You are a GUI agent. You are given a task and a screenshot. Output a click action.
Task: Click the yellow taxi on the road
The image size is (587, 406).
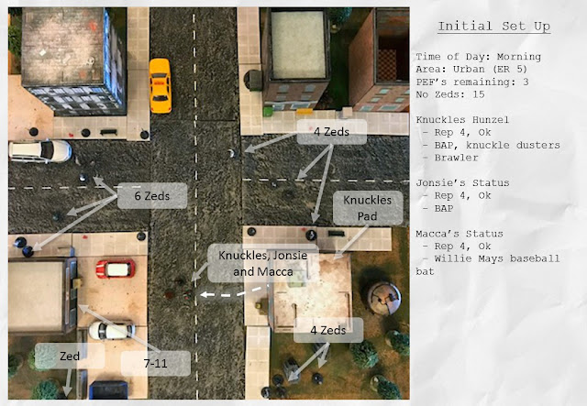tap(161, 85)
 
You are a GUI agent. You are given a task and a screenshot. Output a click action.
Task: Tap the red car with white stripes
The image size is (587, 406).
tap(116, 269)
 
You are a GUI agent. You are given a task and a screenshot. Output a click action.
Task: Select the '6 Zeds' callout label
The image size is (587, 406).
tap(152, 196)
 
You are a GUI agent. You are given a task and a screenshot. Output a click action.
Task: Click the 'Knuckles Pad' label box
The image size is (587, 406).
tap(368, 208)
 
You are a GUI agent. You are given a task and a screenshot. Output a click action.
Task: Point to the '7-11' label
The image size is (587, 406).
tap(155, 363)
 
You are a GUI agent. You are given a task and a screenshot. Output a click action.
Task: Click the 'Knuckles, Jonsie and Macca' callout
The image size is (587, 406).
tap(263, 263)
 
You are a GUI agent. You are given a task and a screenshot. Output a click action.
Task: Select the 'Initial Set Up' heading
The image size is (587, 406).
tap(493, 27)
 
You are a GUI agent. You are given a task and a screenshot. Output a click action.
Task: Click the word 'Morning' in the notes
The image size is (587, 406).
tap(519, 57)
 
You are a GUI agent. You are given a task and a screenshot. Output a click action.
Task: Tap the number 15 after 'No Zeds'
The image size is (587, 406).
tap(479, 94)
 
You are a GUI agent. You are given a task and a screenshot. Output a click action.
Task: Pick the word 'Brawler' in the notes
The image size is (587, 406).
tap(456, 158)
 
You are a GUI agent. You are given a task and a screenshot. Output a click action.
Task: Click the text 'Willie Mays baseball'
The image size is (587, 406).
tap(497, 258)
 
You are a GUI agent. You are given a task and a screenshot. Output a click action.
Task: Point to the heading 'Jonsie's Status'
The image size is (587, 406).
tap(462, 183)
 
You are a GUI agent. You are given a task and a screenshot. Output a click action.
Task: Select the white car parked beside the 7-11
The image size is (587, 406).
tap(112, 331)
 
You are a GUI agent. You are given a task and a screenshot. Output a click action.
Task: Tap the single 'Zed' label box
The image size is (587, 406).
tap(70, 356)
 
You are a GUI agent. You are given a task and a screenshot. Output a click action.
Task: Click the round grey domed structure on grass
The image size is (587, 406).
tap(383, 298)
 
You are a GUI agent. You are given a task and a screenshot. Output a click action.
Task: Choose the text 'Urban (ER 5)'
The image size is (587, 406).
tap(490, 70)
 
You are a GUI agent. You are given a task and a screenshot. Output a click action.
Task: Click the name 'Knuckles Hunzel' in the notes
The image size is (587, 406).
tap(462, 120)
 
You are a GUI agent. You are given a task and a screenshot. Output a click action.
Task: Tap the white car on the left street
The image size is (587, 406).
tap(40, 151)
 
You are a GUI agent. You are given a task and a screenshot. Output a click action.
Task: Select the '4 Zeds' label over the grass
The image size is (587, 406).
tap(328, 330)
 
